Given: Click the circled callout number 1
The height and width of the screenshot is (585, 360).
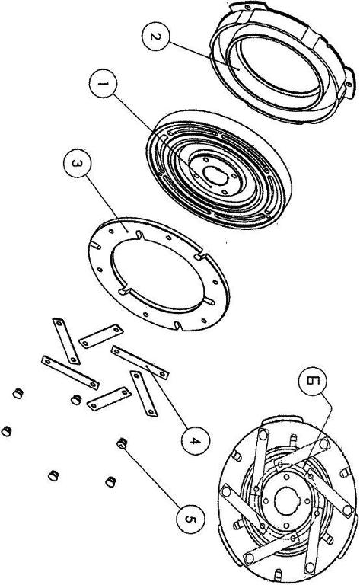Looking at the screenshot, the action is (104, 84).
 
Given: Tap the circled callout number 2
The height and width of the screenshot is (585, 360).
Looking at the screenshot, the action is (156, 37).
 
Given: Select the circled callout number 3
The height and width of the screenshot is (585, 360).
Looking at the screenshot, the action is (77, 164).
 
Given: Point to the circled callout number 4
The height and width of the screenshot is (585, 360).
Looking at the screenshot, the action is (196, 440).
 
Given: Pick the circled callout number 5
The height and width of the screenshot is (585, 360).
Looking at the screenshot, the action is (190, 519).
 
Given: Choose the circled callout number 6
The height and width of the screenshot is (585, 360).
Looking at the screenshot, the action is (312, 381).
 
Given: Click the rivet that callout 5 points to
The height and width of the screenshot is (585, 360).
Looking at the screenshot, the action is (122, 443).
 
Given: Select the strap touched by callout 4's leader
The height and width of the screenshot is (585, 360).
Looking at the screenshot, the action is (140, 363).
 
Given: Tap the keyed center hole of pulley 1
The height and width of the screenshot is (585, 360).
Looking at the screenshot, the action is (215, 175).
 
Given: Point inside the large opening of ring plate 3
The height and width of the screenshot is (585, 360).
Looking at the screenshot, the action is (158, 274).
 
